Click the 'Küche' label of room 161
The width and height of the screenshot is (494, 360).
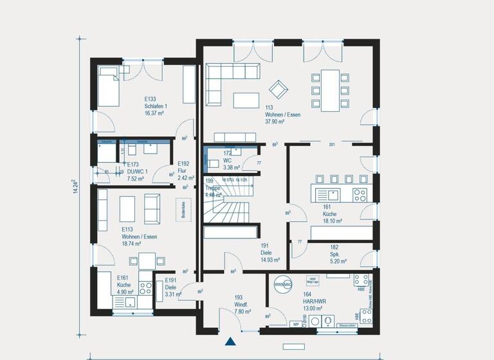pyautogui.click(x=329, y=215)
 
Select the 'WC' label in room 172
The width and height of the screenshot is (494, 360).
pyautogui.click(x=228, y=160)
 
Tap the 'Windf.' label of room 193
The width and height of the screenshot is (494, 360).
pyautogui.click(x=239, y=304)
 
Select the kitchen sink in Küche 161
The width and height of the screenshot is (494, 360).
pyautogui.click(x=333, y=193)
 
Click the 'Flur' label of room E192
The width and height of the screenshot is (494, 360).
pyautogui.click(x=183, y=171)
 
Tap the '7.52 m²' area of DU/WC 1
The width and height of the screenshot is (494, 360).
pyautogui.click(x=136, y=179)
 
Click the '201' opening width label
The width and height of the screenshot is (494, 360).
pyautogui.click(x=332, y=145)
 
